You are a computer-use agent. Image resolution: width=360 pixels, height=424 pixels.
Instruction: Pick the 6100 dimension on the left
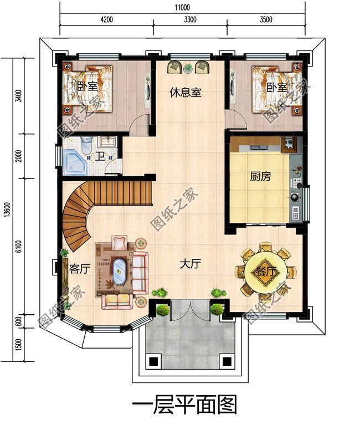click(19, 247)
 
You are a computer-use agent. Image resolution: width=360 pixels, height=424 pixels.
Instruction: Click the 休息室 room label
click(185, 93)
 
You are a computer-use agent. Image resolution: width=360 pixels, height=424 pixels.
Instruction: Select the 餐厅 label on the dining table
click(265, 272)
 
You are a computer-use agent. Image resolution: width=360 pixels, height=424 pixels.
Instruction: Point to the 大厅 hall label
click(189, 264)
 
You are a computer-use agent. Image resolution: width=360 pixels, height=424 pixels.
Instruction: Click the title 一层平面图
click(184, 404)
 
